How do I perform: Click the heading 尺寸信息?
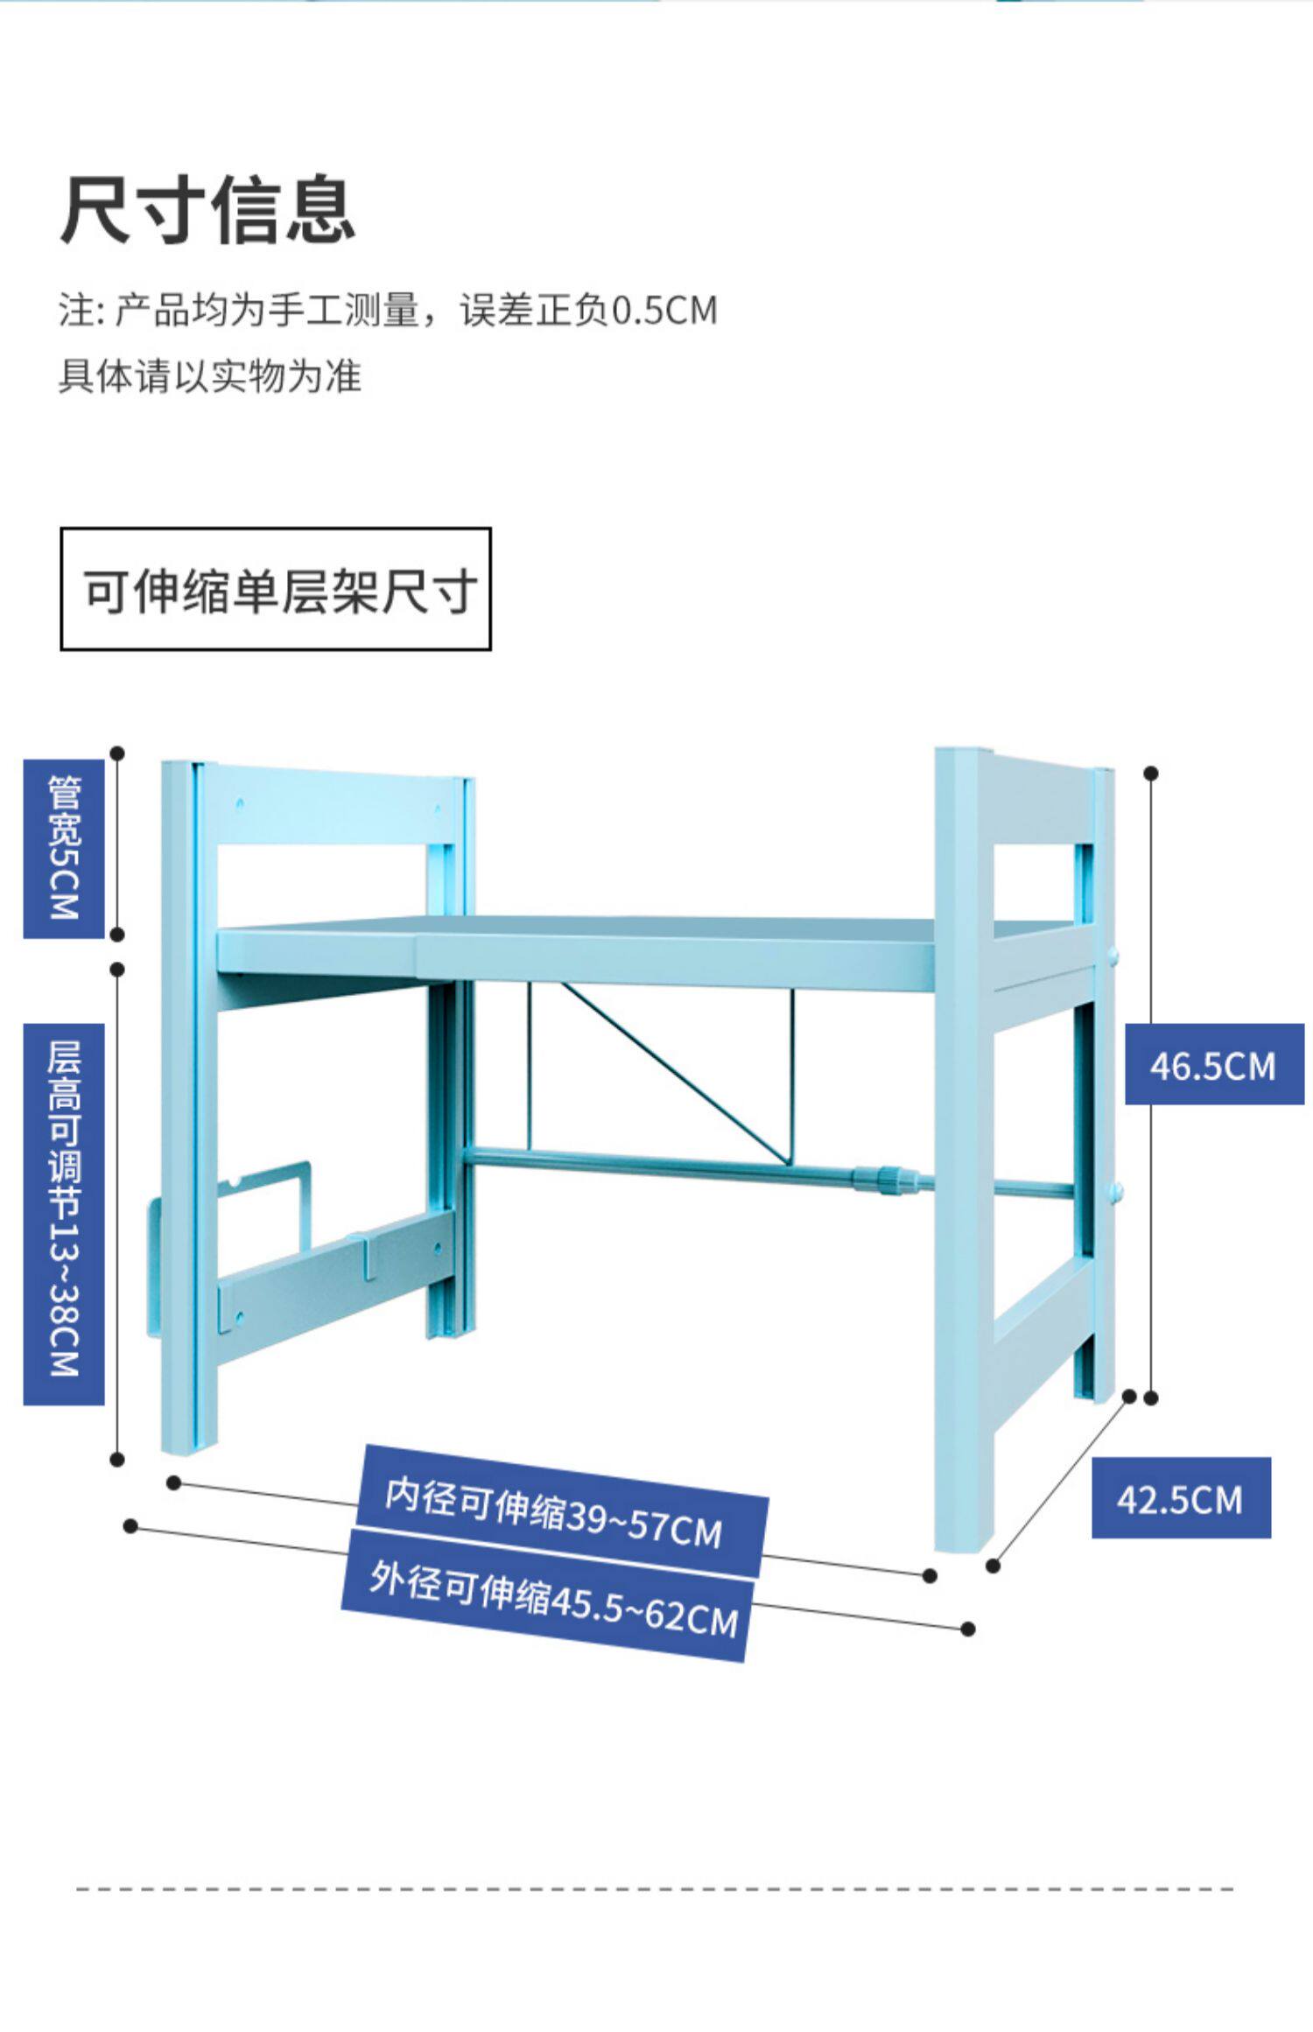click(207, 210)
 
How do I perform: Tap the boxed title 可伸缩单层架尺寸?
click(276, 590)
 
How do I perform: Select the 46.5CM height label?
click(1213, 1066)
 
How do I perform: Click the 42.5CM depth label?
click(1180, 1500)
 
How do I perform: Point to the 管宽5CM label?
click(64, 848)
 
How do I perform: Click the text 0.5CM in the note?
click(664, 311)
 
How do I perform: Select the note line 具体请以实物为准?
click(210, 376)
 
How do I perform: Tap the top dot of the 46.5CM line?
click(1151, 774)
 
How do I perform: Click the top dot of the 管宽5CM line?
click(117, 753)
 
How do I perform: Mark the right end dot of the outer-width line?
click(967, 1629)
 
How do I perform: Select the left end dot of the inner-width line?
click(174, 1482)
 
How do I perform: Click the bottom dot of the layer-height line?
click(117, 1459)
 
